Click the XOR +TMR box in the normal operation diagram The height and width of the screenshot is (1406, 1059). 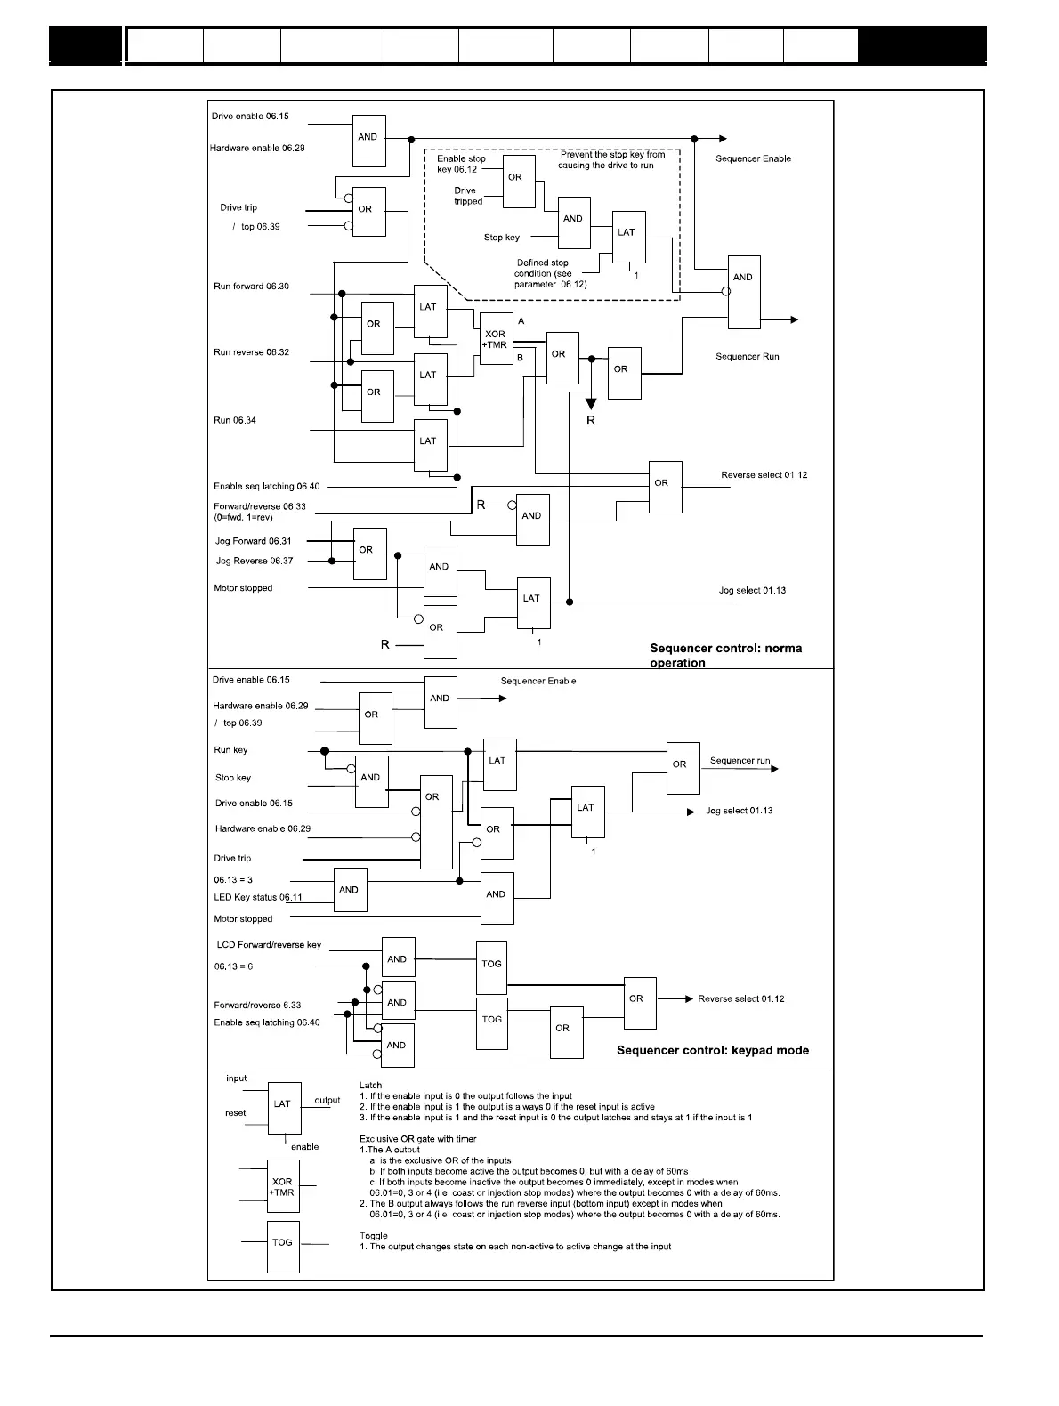coord(496,339)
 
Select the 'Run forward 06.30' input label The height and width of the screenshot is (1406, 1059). coord(251,287)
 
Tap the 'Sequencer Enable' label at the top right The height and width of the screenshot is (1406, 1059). coord(753,158)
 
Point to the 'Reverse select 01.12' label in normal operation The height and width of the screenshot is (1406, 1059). coord(764,475)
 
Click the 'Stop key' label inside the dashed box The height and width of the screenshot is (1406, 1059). coord(502,238)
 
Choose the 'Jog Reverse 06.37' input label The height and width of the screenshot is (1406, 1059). coord(255,561)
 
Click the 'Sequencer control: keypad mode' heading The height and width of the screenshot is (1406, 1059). coord(713,1050)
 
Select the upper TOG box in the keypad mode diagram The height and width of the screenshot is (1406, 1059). coord(491,967)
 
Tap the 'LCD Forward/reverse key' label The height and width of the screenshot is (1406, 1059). coord(269,945)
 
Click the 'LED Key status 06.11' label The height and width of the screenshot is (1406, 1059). coord(258,897)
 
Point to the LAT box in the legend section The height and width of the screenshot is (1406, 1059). coord(284,1108)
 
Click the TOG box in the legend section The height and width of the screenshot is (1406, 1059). coord(283,1246)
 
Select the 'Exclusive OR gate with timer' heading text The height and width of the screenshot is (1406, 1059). coord(417,1139)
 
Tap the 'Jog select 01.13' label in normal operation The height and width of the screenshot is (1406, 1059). coord(752,591)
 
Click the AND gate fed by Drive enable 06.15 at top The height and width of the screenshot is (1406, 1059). coord(369,141)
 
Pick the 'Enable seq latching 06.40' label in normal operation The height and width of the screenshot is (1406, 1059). coord(266,487)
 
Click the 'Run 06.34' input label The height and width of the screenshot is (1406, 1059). coord(235,420)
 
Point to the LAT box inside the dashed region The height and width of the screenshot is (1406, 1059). coord(628,237)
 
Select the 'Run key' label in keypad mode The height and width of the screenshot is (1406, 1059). coord(231,750)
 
